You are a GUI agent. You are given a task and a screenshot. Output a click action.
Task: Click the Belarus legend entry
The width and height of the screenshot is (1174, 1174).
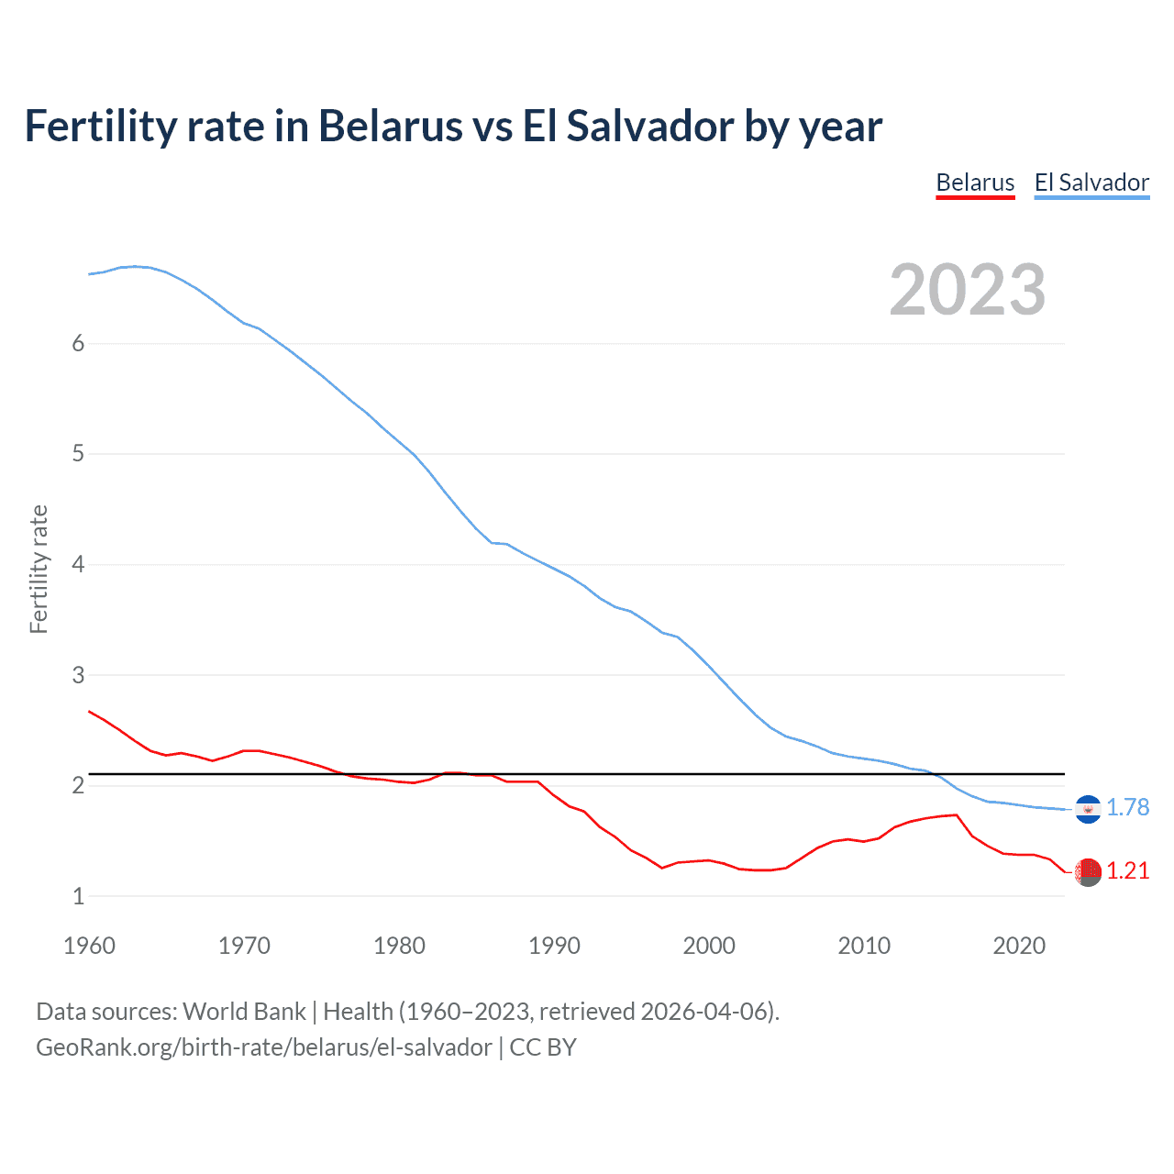(975, 183)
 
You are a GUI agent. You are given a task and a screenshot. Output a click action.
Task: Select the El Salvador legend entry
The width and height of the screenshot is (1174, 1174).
(1091, 183)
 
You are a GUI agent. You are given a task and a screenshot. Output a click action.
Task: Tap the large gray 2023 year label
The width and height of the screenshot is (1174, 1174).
(968, 290)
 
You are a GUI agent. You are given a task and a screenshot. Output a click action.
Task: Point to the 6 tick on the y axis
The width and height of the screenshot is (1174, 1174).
(78, 343)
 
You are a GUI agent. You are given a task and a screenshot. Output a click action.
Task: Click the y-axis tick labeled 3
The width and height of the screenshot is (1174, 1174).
(78, 675)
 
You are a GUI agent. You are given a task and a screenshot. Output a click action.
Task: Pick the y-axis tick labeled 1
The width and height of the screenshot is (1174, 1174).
(78, 896)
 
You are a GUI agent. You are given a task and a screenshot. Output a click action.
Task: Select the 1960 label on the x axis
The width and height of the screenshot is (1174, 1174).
(89, 946)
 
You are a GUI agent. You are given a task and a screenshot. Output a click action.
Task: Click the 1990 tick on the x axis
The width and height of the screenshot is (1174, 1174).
(554, 946)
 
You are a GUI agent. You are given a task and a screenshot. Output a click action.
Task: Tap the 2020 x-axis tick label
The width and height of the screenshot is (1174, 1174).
(1019, 946)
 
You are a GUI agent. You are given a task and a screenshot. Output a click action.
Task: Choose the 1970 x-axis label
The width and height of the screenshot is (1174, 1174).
(244, 946)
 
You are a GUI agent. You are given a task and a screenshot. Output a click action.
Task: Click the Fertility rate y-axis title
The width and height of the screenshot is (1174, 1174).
(39, 569)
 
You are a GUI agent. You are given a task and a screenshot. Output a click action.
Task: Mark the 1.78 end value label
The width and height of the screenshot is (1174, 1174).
(1127, 807)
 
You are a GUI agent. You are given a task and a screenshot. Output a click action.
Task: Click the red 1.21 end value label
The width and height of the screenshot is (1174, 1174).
(1127, 870)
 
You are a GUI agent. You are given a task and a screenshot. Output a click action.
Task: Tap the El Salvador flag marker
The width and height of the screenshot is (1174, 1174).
(1088, 809)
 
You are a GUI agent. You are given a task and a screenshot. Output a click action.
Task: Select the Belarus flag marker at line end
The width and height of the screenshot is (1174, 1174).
(1088, 872)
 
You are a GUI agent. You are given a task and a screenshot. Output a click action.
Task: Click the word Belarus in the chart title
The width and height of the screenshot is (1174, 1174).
(390, 126)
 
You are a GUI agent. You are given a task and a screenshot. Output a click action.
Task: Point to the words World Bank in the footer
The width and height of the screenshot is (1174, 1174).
(244, 1012)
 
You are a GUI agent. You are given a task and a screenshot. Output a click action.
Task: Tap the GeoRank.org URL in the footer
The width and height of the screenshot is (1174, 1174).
(263, 1047)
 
